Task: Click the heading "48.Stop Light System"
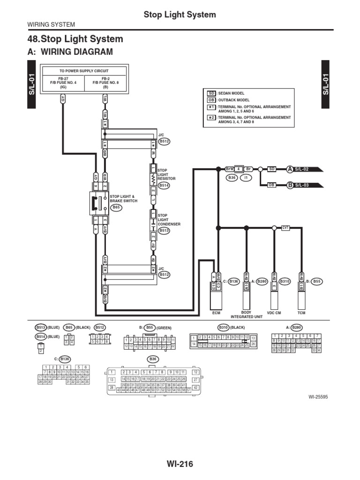coord(76,39)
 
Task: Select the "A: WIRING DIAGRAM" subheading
coord(70,52)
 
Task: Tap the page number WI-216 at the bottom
coord(180,464)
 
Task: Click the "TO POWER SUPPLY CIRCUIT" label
coord(85,71)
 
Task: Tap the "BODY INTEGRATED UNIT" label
coord(246,314)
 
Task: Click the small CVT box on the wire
coord(285,228)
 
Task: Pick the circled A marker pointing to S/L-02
coord(290,169)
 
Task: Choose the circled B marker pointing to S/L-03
coord(290,185)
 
